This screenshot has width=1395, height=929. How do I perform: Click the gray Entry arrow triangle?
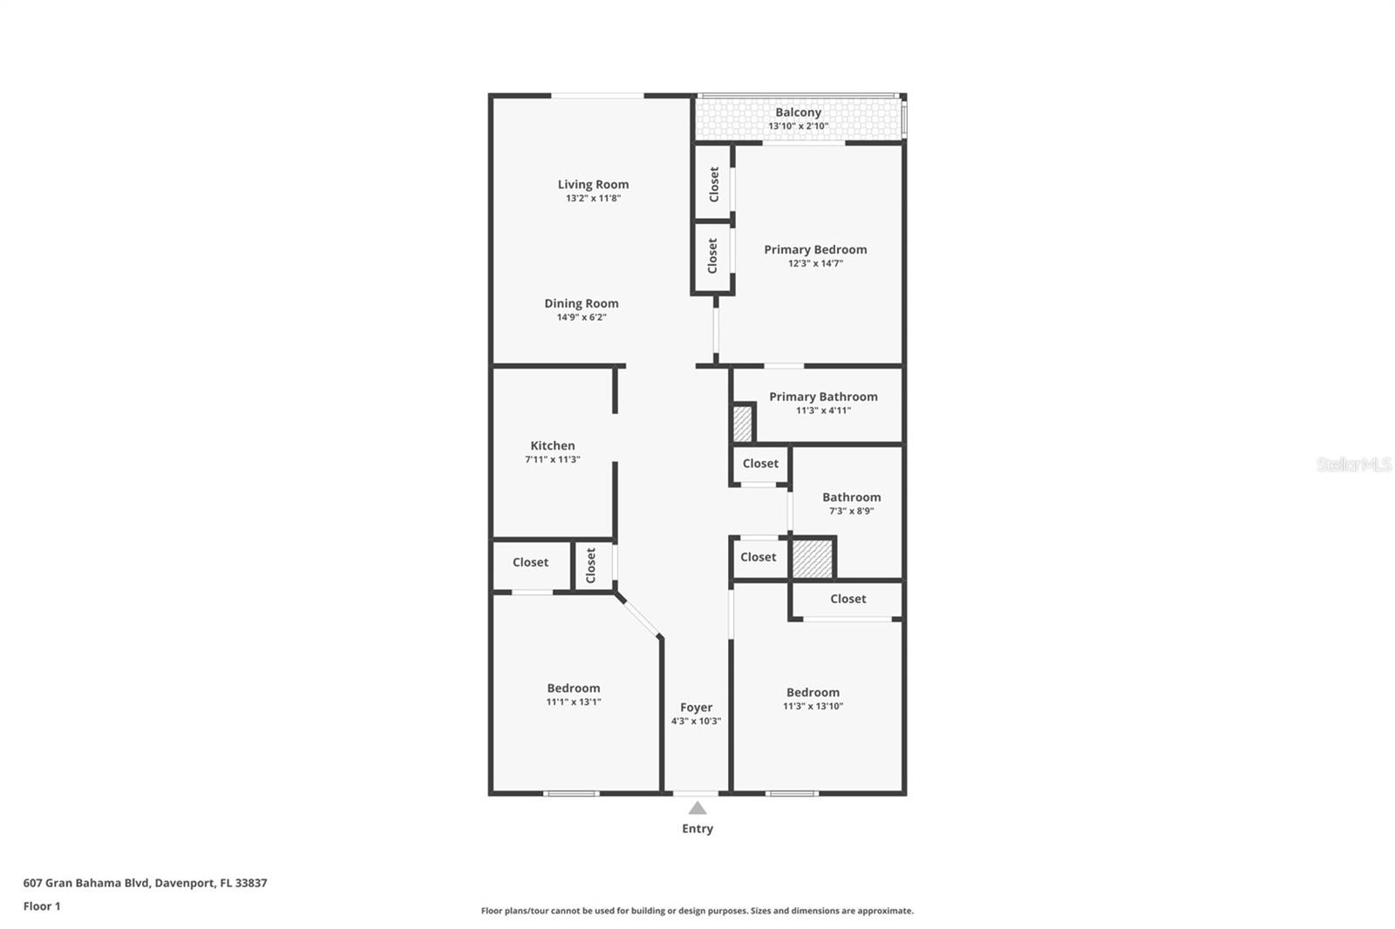coord(697,808)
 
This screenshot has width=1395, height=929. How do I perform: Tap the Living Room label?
coord(593,184)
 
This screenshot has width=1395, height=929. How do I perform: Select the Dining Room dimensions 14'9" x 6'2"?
coord(582,317)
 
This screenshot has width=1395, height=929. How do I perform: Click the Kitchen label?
coord(553,445)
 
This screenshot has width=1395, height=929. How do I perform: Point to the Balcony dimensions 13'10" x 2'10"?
coord(799,125)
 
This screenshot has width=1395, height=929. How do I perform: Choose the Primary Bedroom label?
coord(815,249)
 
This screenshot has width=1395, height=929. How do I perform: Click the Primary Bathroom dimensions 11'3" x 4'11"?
coord(823,410)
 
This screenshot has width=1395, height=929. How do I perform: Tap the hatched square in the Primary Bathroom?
coord(742,424)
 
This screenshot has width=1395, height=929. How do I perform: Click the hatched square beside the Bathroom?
coord(812,559)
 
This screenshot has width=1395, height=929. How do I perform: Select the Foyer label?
coord(697,708)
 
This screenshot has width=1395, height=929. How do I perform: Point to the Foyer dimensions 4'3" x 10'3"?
coord(697,721)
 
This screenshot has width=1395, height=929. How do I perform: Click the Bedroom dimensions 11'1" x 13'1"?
coord(574,702)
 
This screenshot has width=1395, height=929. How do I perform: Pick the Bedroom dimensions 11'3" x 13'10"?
coord(813,706)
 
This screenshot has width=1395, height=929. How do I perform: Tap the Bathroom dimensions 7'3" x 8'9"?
coord(851,511)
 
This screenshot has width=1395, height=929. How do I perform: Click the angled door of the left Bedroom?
coord(639,616)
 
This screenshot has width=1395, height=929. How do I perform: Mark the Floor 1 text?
coord(42,906)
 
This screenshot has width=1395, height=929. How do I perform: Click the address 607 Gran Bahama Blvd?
coord(86,882)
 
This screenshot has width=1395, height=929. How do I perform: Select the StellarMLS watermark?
coord(1353,464)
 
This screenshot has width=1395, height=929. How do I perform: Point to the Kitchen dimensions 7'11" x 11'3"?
coord(553,459)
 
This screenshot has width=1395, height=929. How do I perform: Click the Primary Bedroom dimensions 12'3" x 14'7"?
coord(815,263)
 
